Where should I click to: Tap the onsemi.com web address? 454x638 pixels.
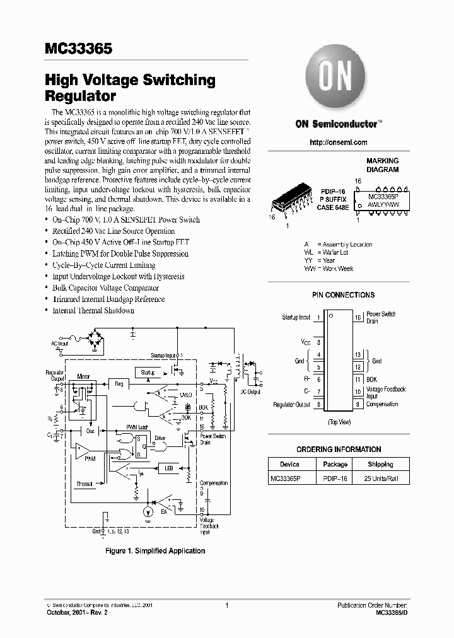pyautogui.click(x=339, y=142)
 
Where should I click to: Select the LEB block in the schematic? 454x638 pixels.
pyautogui.click(x=168, y=468)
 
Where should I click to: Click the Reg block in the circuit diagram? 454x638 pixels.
pyautogui.click(x=119, y=383)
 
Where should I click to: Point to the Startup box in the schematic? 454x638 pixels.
pyautogui.click(x=148, y=373)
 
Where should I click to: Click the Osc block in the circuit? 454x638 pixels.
pyautogui.click(x=90, y=431)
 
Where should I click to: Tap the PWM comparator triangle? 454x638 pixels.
pyautogui.click(x=82, y=451)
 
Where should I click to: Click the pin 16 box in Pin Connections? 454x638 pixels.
pyautogui.click(x=357, y=318)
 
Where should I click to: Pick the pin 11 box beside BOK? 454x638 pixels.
pyautogui.click(x=357, y=380)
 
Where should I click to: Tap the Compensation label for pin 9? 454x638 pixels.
pyautogui.click(x=382, y=404)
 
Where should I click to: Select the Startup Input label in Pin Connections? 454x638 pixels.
pyautogui.click(x=296, y=318)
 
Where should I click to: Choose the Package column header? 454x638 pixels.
pyautogui.click(x=335, y=464)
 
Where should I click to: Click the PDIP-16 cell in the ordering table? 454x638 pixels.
pyautogui.click(x=335, y=479)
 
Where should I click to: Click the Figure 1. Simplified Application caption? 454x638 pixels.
pyautogui.click(x=154, y=551)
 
